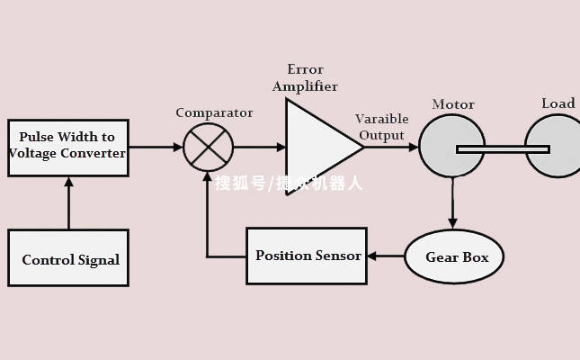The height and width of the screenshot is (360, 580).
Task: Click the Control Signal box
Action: tap(68, 258)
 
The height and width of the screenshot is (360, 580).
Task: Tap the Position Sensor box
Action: tap(307, 256)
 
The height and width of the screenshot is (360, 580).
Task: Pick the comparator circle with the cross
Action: tap(208, 147)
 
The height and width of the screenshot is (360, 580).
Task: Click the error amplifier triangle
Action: tap(316, 147)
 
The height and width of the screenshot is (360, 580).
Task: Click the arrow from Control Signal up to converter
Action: tap(68, 202)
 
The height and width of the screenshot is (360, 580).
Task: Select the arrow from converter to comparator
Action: tap(155, 147)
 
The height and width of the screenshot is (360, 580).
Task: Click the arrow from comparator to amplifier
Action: tap(259, 147)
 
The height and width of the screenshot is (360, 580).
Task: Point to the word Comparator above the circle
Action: tap(214, 112)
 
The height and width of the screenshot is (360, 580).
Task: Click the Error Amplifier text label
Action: tap(305, 78)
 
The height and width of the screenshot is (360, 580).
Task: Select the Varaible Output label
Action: tap(381, 127)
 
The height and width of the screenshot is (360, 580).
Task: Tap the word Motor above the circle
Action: tap(452, 104)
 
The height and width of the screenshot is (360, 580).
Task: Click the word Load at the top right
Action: tap(558, 103)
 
